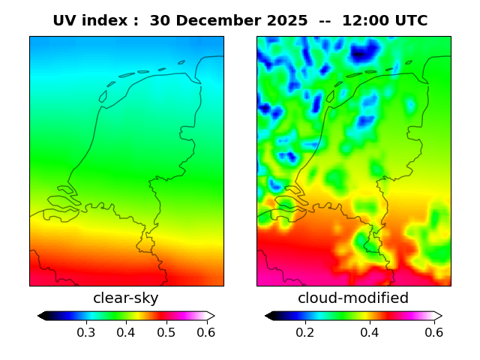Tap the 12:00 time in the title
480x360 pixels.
pos(366,21)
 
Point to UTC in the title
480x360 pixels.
pos(410,21)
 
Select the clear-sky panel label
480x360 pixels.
pos(126,298)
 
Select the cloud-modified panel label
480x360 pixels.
pos(353,298)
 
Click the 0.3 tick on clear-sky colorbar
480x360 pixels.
pos(85,332)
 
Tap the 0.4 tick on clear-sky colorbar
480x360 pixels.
pos(126,332)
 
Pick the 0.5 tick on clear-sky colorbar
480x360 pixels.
pos(166,332)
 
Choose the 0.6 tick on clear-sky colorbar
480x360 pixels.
pos(206,332)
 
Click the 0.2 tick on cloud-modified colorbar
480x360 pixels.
pos(304,332)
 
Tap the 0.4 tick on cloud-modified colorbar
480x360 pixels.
pos(369,332)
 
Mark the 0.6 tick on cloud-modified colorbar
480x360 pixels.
pos(433,332)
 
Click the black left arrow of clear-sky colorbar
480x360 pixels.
pos(41,316)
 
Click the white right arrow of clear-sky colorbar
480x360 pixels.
pos(211,316)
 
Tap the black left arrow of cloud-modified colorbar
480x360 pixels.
pos(268,316)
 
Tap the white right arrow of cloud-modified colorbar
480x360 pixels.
pos(438,316)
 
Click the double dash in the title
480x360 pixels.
pos(325,21)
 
